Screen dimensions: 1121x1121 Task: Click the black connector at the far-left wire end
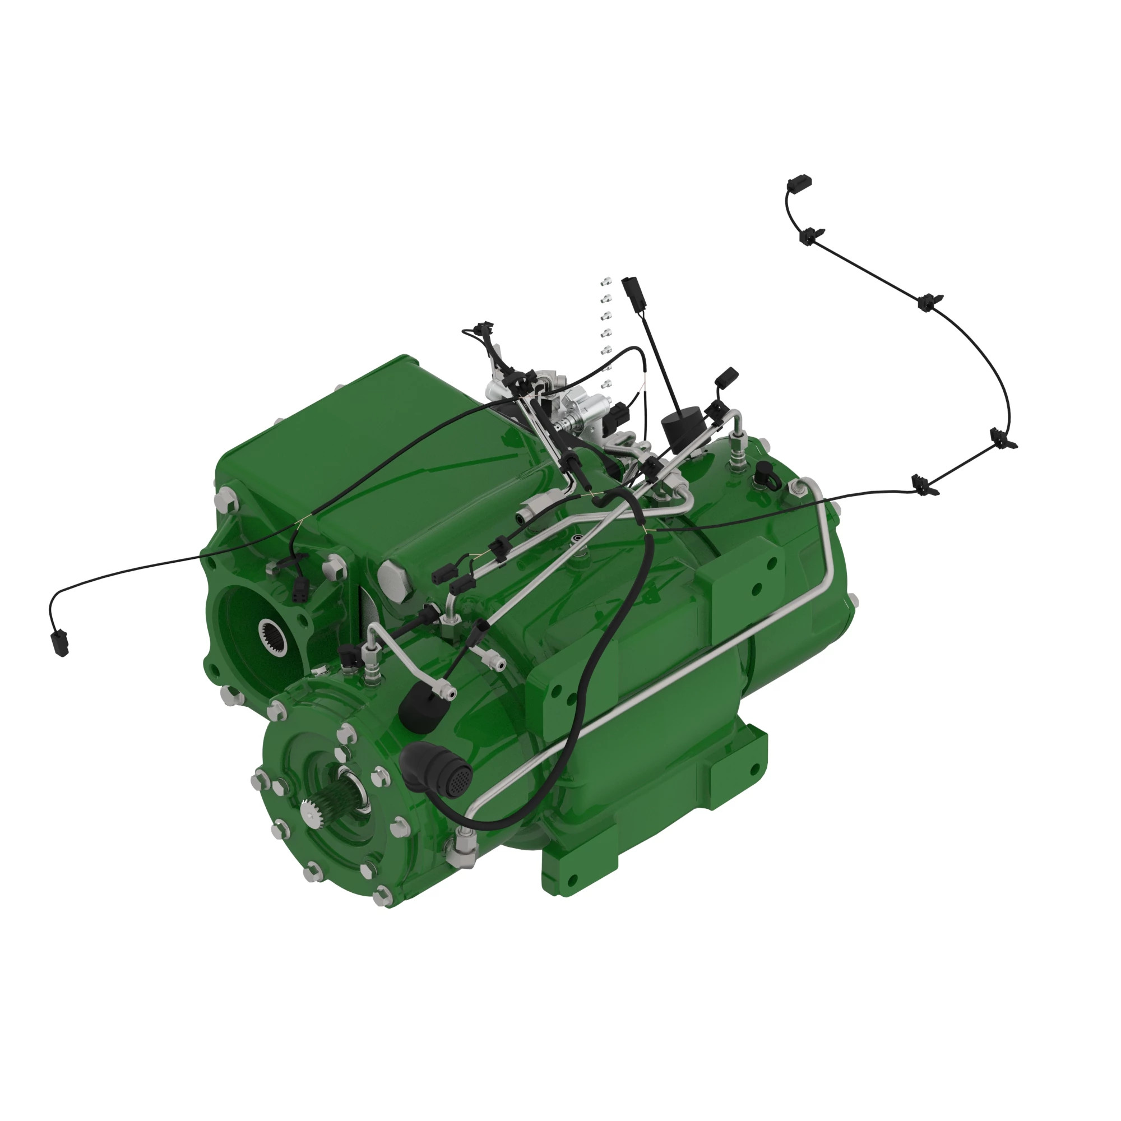[60, 643]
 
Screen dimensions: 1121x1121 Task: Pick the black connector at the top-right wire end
[799, 183]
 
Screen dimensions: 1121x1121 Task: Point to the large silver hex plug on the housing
[395, 578]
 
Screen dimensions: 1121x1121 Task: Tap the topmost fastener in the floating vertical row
[606, 282]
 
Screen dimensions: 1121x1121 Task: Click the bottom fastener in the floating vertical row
[607, 383]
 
